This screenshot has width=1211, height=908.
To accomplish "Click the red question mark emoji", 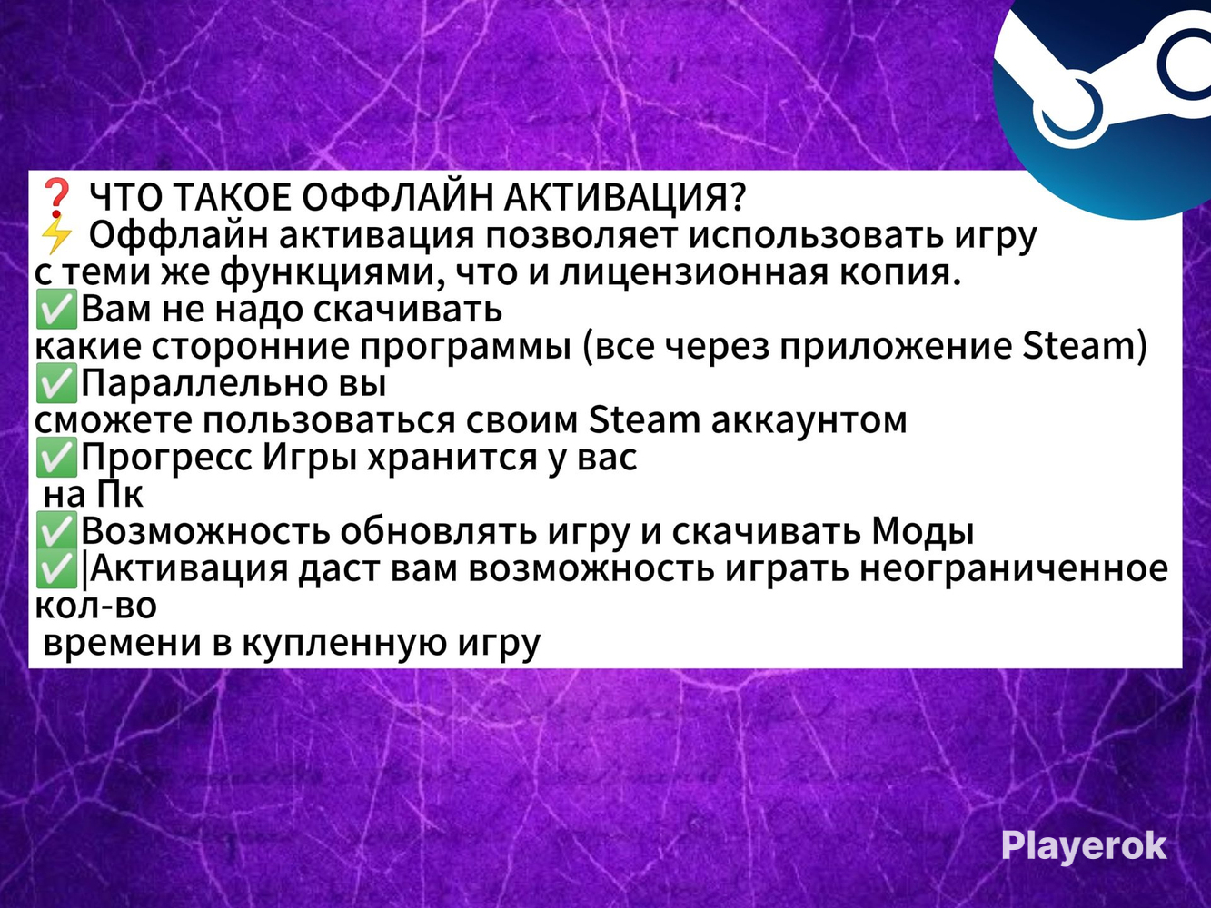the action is tap(56, 197).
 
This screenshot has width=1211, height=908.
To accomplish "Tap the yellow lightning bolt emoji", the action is tap(56, 235).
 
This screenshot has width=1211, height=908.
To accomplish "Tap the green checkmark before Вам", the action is tap(56, 310).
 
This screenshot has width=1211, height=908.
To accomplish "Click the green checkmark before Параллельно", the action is tap(56, 384).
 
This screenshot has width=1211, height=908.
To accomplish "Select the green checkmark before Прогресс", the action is tap(56, 458).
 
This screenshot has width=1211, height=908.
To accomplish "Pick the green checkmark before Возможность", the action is tap(56, 531).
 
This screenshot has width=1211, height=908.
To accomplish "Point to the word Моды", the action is tap(923, 531).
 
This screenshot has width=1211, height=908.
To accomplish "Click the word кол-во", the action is tap(95, 606).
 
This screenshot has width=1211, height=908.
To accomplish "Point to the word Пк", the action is tap(120, 495).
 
